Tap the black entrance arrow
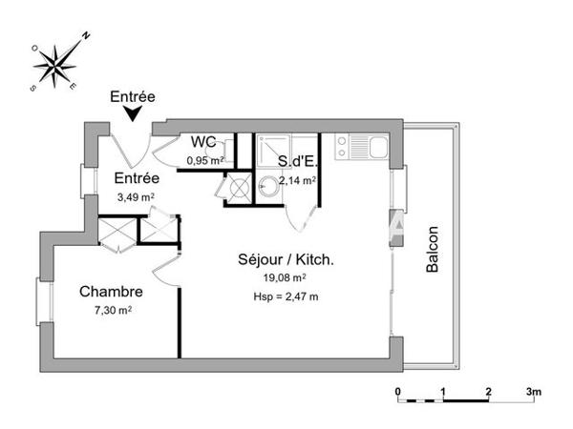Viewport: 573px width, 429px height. pos(133,113)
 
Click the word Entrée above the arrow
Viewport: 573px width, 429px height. pos(133,96)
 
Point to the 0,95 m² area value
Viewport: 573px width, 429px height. pos(204,160)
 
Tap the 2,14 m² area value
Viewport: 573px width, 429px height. pos(298,179)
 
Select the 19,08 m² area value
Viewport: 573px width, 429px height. pos(285,277)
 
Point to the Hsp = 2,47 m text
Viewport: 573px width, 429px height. pos(285,297)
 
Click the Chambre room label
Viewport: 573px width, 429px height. pos(111,291)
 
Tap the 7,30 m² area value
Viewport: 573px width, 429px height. pos(111,310)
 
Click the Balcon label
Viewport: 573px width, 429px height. pos(433,249)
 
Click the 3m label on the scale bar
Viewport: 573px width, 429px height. pos(533,392)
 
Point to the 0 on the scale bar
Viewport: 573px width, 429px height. pos(399,392)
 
